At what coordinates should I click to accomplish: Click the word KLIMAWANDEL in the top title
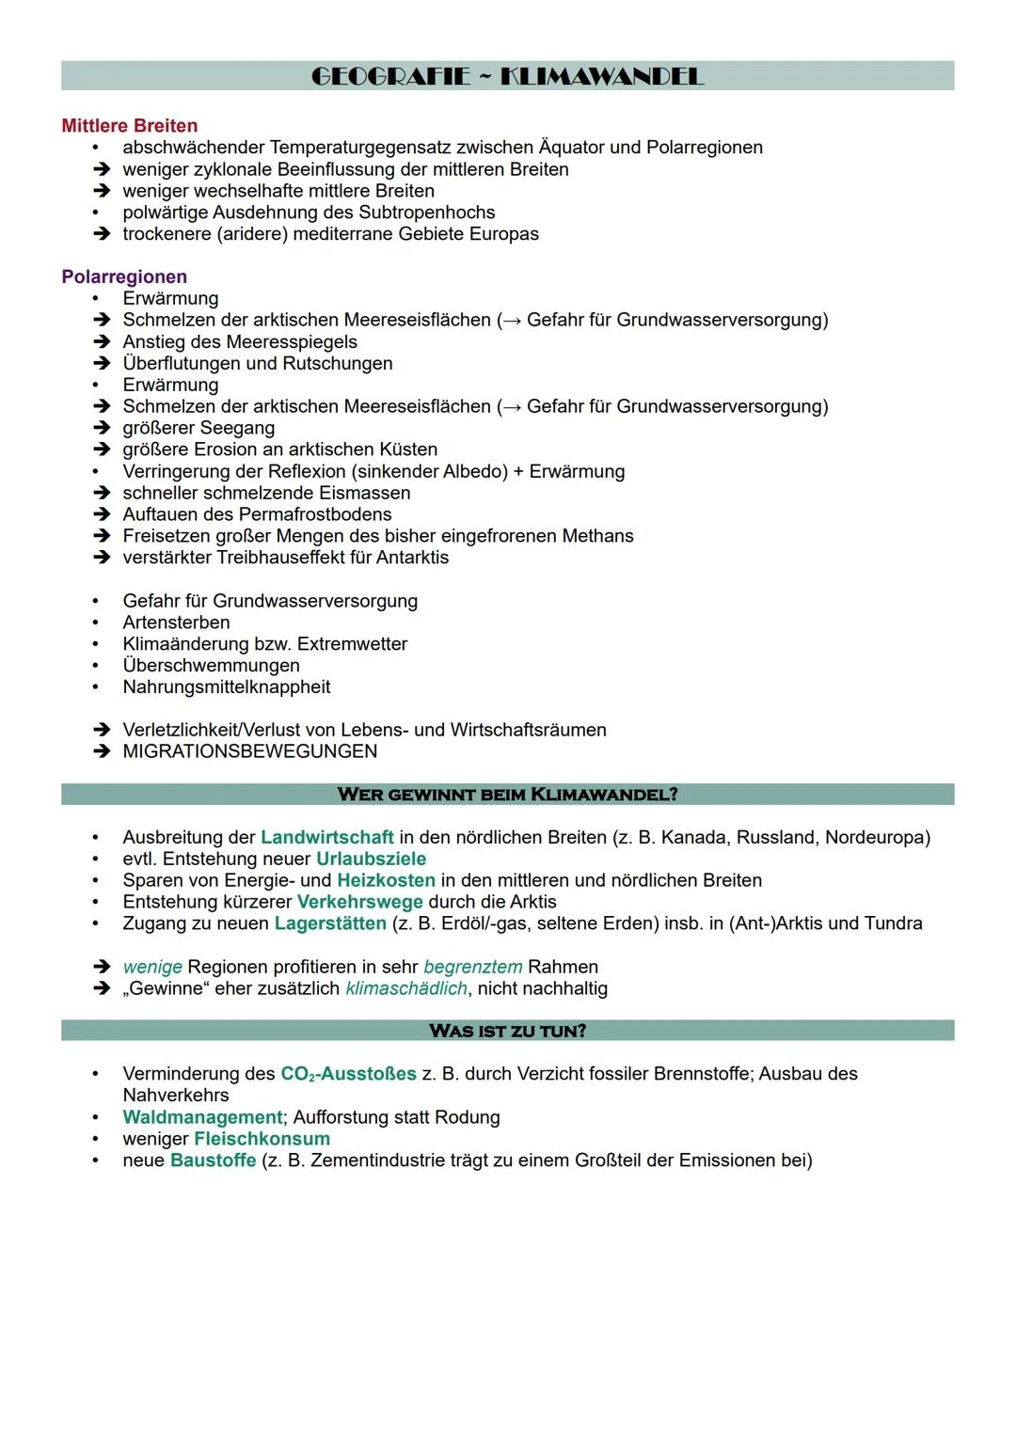click(x=602, y=76)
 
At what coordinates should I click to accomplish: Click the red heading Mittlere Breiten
click(x=129, y=125)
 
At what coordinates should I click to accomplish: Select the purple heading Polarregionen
click(x=124, y=276)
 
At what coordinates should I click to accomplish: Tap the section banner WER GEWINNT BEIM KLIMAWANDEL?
click(x=507, y=794)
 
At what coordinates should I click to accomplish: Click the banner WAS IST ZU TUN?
click(x=507, y=1031)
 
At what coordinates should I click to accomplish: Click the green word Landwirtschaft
click(x=326, y=837)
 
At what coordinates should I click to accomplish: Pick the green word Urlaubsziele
click(x=371, y=859)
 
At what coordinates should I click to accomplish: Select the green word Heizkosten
click(x=386, y=880)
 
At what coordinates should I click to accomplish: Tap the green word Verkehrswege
click(x=359, y=902)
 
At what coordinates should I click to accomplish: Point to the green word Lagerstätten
click(x=330, y=923)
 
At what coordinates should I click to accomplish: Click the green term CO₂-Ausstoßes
click(x=348, y=1074)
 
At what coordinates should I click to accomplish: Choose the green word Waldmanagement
click(x=202, y=1117)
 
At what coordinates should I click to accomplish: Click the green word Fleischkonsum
click(x=262, y=1139)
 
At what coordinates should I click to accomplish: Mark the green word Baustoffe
click(x=213, y=1160)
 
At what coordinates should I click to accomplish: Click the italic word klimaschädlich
click(x=405, y=988)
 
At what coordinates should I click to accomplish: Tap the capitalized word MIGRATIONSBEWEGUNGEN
click(x=249, y=751)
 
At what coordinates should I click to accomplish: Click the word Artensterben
click(x=176, y=623)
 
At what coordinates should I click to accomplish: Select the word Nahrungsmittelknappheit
click(x=226, y=687)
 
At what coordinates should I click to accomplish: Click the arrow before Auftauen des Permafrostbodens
click(x=101, y=514)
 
